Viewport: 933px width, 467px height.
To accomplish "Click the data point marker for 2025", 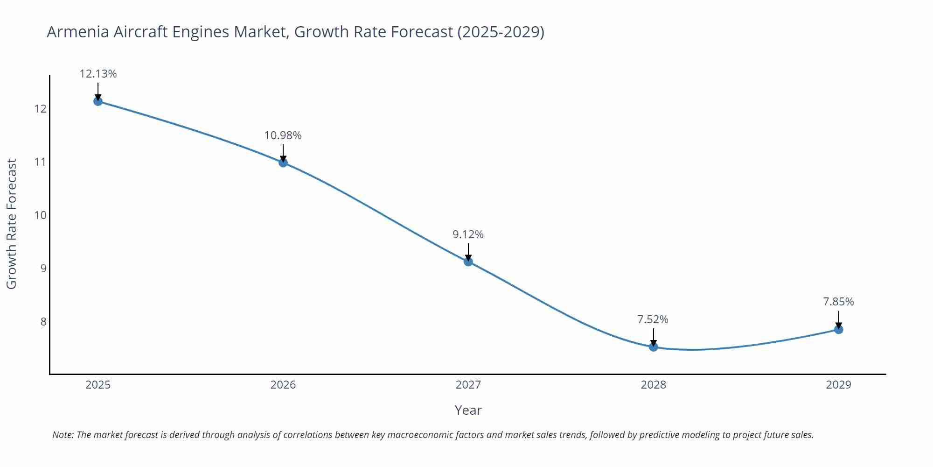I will (x=98, y=101).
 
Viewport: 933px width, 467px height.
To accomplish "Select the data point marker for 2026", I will (x=283, y=163).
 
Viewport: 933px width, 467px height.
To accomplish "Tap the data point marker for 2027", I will (x=468, y=262).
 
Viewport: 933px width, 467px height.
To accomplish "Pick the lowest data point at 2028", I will (x=654, y=347).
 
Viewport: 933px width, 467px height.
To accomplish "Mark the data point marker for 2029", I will (x=838, y=330).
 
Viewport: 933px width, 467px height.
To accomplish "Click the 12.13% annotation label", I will (x=98, y=74).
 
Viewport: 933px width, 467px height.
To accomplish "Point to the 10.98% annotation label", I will (x=283, y=135).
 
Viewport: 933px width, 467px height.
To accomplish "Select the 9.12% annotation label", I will (x=468, y=234).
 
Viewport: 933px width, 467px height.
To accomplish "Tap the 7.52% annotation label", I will (x=653, y=319).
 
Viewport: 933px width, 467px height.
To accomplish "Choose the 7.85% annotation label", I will (x=838, y=302).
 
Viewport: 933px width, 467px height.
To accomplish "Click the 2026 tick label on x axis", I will (x=283, y=385).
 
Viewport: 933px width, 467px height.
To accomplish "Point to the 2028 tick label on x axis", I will (x=654, y=385).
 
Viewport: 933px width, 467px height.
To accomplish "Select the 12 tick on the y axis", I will (x=41, y=109).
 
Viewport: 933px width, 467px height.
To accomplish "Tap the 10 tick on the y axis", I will (x=41, y=215).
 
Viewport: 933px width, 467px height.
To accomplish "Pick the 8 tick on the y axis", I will (x=43, y=322).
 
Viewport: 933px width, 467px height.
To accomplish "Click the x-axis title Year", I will (x=468, y=410).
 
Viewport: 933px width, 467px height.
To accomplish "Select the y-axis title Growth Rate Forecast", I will (x=12, y=224).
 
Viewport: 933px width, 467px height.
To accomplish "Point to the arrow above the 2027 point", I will (x=468, y=251).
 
